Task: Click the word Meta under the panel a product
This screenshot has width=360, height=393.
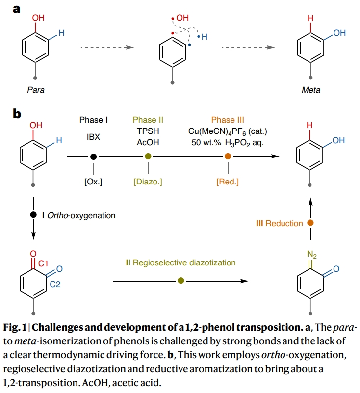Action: (x=311, y=90)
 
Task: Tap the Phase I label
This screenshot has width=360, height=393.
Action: (x=93, y=120)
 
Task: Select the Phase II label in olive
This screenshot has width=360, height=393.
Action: (x=148, y=120)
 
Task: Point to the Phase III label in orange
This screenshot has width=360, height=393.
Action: (x=228, y=120)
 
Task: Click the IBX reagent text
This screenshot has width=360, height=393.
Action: (x=93, y=138)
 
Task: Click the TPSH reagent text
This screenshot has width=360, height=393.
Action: (x=148, y=131)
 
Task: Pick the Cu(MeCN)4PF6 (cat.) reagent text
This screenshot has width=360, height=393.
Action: (x=227, y=131)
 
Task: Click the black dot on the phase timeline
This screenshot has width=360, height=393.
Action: (x=93, y=157)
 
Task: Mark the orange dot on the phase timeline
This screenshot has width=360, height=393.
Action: (x=228, y=157)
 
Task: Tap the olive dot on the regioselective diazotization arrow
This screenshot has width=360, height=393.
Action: (x=181, y=281)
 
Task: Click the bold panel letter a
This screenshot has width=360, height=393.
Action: (x=16, y=8)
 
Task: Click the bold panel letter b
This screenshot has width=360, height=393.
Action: (x=17, y=114)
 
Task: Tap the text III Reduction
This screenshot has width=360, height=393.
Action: (x=280, y=223)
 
